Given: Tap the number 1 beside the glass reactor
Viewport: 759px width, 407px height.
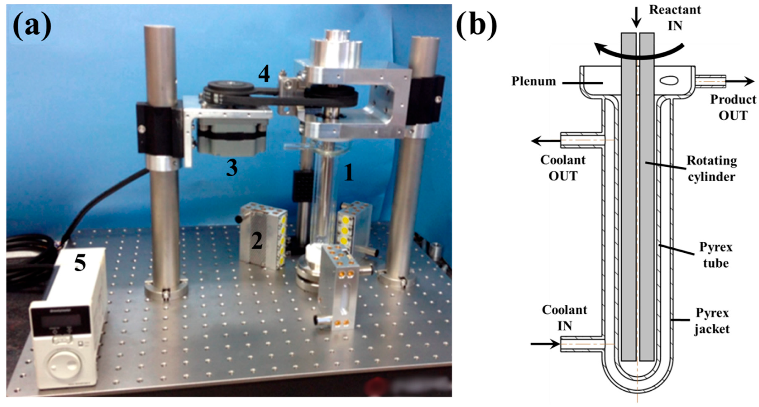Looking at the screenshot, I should coord(349,173).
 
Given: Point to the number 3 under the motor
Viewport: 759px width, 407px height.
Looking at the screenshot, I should coord(232,168).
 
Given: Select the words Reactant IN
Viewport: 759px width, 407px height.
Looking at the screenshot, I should coord(675,18).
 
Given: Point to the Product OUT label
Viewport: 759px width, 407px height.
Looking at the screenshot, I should coord(733,107).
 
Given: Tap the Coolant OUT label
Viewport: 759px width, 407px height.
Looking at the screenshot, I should coord(563,168).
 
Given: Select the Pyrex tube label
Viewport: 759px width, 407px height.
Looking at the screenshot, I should coord(716,255).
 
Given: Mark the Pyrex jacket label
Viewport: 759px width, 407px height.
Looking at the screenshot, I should coord(712,321).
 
